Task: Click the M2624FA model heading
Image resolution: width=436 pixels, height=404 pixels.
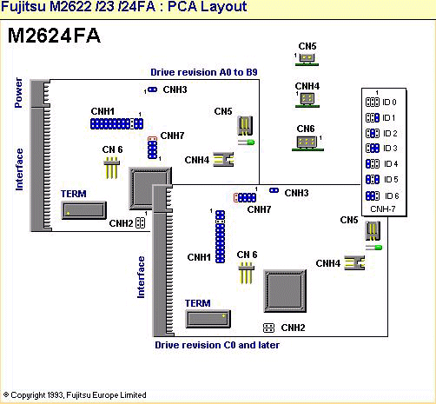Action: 54,36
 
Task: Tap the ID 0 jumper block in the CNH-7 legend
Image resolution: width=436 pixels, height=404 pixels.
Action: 373,102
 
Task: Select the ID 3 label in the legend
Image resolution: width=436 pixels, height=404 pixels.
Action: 390,149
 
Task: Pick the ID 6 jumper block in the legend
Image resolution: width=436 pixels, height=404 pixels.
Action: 373,195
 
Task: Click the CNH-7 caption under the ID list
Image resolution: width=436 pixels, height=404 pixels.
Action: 383,209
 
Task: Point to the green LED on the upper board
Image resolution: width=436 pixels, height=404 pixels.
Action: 247,142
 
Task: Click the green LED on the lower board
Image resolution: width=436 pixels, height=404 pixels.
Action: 373,248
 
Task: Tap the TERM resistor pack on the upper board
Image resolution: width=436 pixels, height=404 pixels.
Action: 83,210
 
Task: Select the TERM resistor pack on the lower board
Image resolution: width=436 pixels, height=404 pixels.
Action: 208,319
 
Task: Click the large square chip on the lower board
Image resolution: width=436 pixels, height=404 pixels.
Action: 285,291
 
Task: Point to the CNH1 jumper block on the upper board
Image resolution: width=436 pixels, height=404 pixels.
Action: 116,123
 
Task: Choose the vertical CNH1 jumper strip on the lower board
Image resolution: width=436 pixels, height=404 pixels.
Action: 221,236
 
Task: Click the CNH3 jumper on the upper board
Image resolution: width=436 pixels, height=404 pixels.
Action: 152,89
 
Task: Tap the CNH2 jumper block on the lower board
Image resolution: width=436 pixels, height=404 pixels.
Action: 268,328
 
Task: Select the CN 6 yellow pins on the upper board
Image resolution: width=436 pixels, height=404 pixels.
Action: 111,168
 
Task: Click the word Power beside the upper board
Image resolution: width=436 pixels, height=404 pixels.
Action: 18,93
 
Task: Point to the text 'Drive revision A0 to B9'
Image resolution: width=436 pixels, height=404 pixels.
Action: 204,72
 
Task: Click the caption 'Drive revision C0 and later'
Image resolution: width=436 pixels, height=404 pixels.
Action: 217,345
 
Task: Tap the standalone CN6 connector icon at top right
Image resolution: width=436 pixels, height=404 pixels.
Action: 307,142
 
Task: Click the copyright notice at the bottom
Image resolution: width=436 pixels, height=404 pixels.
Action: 75,395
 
